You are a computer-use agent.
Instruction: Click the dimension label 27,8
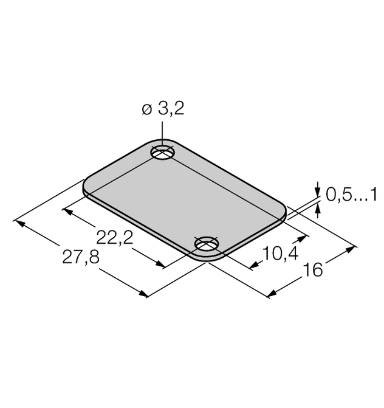click(x=81, y=257)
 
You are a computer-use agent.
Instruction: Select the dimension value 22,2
click(x=114, y=237)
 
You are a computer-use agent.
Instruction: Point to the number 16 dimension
click(x=313, y=270)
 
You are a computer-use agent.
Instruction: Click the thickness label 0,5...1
click(x=351, y=195)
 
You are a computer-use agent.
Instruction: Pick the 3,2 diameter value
click(x=171, y=108)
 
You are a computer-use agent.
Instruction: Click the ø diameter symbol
click(x=146, y=109)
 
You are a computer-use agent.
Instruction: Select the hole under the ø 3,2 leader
click(x=163, y=153)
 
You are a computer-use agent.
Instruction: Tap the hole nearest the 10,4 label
click(x=207, y=244)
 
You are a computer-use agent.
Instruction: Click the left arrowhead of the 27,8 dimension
click(x=19, y=224)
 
